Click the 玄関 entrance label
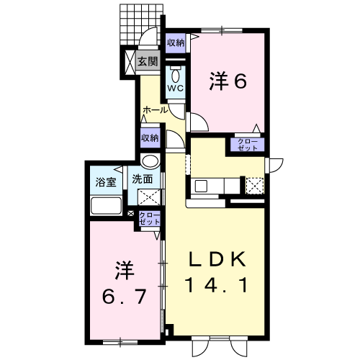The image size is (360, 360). (148, 61)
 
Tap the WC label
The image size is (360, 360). (176, 89)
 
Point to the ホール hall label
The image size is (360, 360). (155, 110)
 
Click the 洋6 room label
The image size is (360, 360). (228, 81)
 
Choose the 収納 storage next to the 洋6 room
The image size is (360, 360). (176, 43)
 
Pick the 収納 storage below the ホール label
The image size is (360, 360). (150, 138)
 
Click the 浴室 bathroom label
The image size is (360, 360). (106, 182)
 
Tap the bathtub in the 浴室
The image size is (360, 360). (106, 205)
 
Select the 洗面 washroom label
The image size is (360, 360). (143, 179)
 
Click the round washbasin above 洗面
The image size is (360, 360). (150, 161)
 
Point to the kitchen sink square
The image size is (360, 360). (201, 186)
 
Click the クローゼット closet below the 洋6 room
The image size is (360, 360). (248, 145)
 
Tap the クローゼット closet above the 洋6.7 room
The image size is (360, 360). (150, 218)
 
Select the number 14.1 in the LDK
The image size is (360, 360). (216, 285)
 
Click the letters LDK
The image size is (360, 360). (217, 259)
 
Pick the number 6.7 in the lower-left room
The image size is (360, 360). (124, 296)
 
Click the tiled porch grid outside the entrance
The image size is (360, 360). (140, 24)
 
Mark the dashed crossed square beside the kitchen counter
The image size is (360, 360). (255, 186)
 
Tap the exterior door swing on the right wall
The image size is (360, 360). (276, 166)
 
